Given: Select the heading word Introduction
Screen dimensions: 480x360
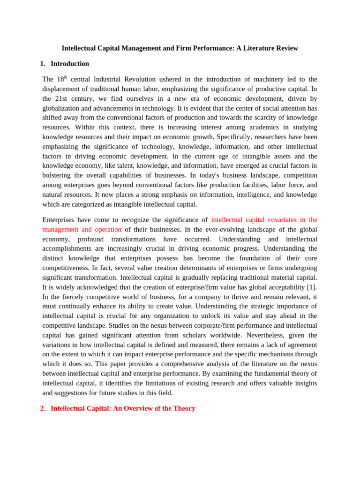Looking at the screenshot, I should point(70,64).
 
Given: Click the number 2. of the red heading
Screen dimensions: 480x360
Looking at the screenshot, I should point(43,408).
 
